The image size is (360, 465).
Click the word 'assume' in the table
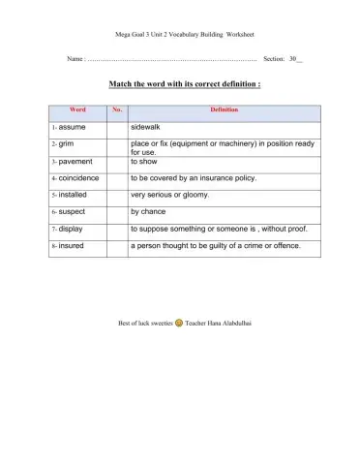click(x=73, y=127)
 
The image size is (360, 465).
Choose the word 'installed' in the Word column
click(x=74, y=195)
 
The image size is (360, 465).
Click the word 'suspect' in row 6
click(x=74, y=211)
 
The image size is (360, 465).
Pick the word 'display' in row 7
click(x=72, y=229)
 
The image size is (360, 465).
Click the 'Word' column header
click(x=78, y=110)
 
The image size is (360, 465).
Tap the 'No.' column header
click(x=117, y=110)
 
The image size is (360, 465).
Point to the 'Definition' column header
click(x=224, y=110)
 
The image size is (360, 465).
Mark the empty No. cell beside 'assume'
click(x=117, y=127)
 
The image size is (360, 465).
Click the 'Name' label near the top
click(x=75, y=59)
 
